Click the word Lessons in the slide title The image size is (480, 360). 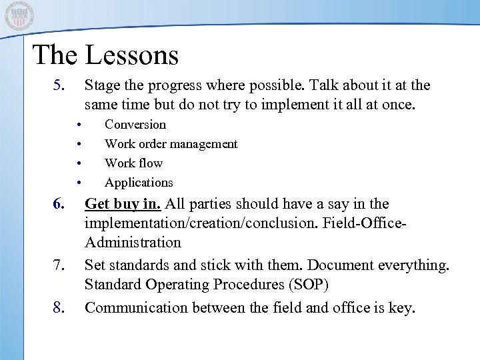[x=133, y=55]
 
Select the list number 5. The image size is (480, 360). [x=60, y=86]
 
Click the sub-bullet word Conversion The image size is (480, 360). [x=135, y=125]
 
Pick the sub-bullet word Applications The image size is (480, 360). [x=139, y=183]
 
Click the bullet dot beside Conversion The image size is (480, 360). [x=79, y=125]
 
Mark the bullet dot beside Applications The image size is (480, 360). [x=79, y=183]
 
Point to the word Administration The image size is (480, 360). [x=133, y=243]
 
